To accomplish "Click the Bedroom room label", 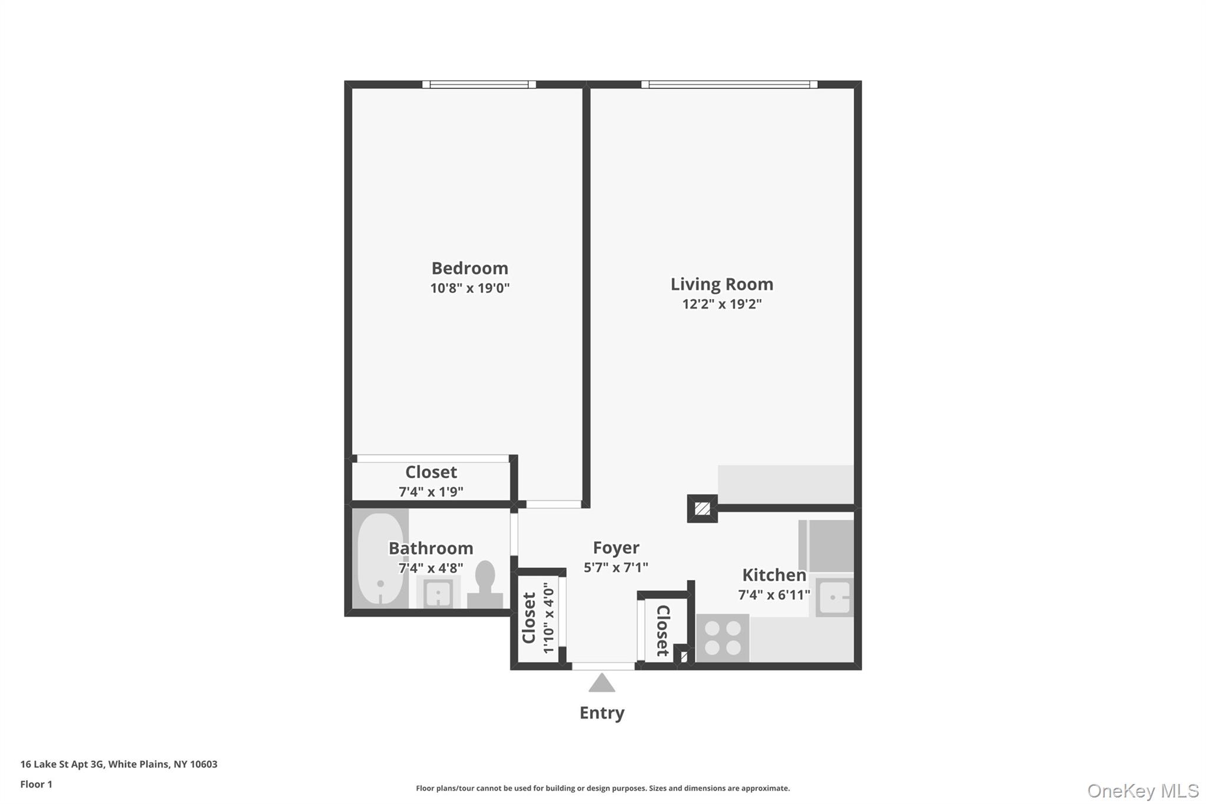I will tap(469, 268).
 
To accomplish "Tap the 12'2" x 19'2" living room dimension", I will tap(721, 304).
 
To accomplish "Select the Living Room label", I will tap(721, 284).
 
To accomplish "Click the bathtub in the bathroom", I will tap(380, 558).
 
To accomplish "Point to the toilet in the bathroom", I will tap(485, 583).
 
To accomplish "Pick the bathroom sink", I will tap(438, 592).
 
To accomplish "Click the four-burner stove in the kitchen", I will tap(723, 638).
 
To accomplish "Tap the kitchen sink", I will tap(834, 597).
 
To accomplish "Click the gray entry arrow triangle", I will tap(602, 683).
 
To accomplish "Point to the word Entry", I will tap(602, 713).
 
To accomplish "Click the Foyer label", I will tap(616, 548).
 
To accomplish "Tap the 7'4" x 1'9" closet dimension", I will tap(431, 491).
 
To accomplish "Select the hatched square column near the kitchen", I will tap(702, 508).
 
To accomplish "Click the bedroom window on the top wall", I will tap(479, 84).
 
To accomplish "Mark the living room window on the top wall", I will tap(729, 84).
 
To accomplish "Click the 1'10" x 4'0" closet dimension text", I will tap(548, 618).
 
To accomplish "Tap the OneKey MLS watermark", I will tap(1142, 790).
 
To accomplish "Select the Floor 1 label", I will tap(36, 784).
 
